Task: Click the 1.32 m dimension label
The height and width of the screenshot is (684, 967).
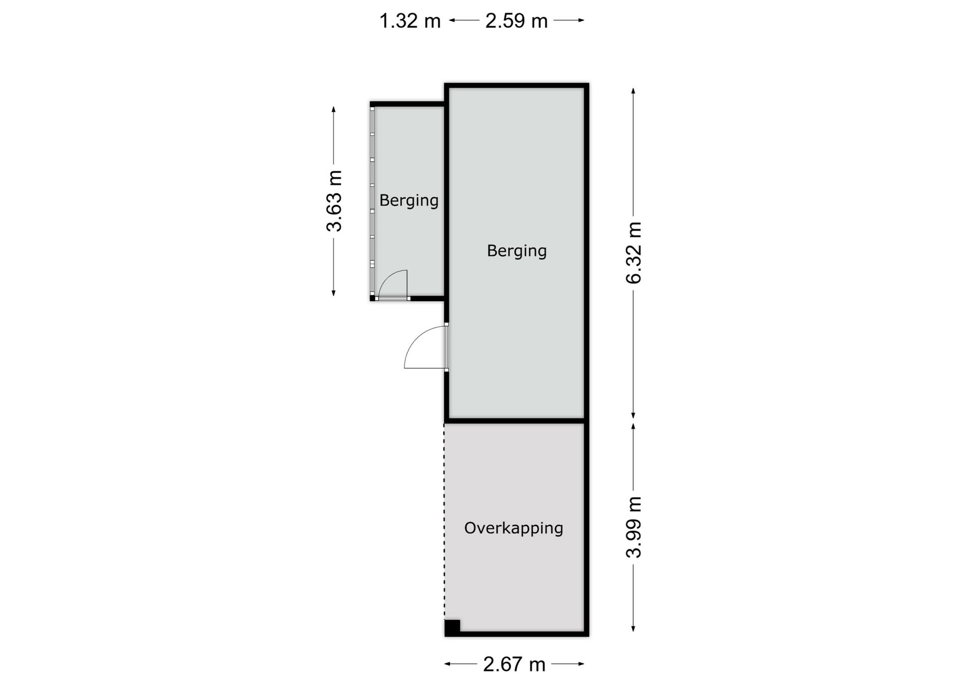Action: point(409,21)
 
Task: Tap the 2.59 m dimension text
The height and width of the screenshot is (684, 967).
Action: point(516,21)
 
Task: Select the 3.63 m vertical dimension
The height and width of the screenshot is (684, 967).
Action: point(334,200)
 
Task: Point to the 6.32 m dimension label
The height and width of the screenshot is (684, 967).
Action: point(634,252)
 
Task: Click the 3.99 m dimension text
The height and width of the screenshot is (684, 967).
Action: point(634,527)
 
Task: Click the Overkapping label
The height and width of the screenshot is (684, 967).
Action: point(514,528)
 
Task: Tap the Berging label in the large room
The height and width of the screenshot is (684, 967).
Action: point(517,251)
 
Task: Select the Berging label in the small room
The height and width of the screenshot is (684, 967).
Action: point(409,200)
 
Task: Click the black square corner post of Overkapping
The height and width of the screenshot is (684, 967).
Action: point(452,628)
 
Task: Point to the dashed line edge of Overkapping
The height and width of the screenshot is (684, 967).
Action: point(444,521)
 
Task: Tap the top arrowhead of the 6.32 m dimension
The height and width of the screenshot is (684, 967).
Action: point(633,91)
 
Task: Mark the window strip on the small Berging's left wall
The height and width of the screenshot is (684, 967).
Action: point(372,201)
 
